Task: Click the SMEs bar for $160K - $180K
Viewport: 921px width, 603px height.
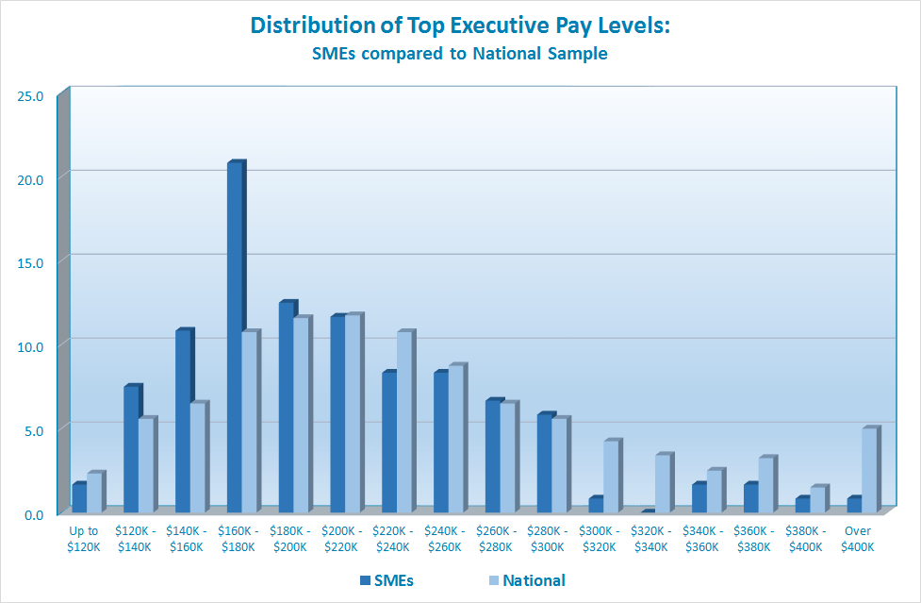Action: (x=234, y=339)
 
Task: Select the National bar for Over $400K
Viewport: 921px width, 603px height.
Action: (x=868, y=471)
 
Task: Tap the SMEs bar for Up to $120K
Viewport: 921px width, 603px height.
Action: (x=78, y=498)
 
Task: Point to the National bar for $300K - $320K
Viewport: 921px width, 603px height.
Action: (x=610, y=477)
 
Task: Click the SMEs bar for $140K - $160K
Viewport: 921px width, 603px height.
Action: (x=182, y=423)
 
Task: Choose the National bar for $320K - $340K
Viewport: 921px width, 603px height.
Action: (x=662, y=484)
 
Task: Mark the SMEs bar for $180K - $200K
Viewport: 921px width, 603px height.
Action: (x=286, y=408)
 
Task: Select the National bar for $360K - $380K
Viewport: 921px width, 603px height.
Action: (x=765, y=486)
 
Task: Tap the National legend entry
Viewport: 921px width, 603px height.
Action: (x=525, y=580)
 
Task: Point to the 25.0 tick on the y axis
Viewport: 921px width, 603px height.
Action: (x=31, y=95)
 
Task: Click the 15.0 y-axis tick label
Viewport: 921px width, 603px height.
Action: (x=31, y=262)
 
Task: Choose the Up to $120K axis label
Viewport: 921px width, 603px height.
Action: (x=83, y=539)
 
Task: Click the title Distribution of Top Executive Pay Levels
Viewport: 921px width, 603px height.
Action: (x=460, y=25)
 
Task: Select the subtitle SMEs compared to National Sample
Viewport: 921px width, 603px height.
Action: (x=460, y=54)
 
